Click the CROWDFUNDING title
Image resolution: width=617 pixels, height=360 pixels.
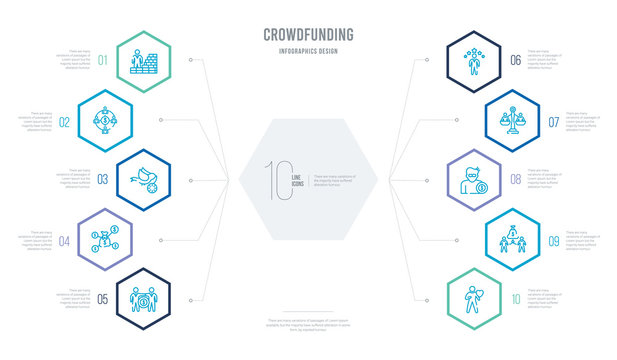coord(308,33)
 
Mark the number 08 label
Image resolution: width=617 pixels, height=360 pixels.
coord(515,181)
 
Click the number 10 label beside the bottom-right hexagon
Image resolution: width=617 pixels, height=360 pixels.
coord(516,297)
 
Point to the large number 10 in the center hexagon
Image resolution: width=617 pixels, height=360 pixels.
coord(276,181)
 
